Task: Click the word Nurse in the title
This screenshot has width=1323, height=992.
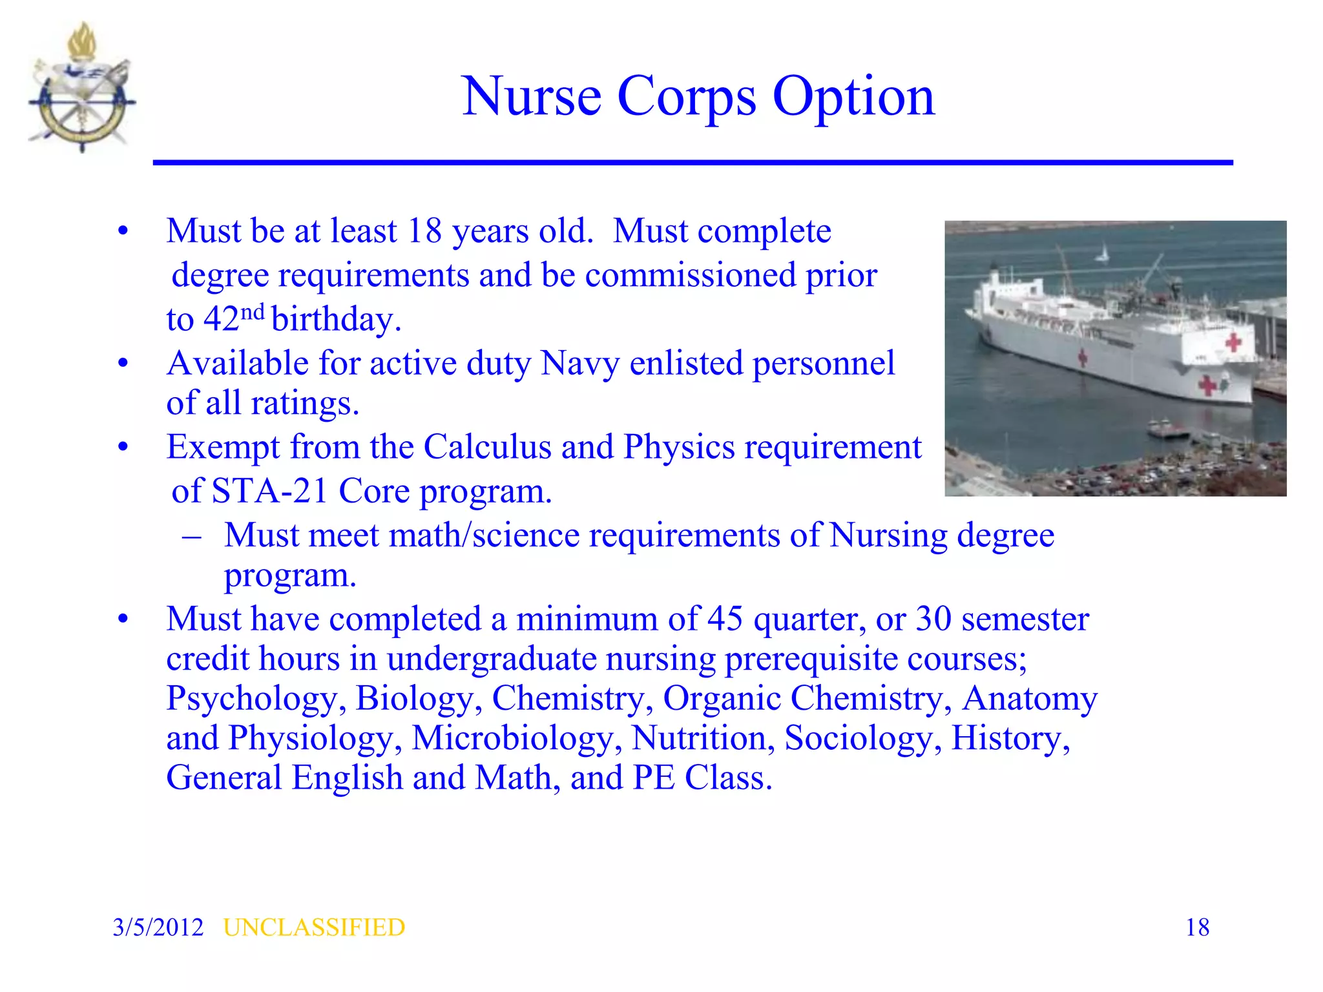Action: pos(532,96)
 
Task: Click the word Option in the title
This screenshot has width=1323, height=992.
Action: pos(853,98)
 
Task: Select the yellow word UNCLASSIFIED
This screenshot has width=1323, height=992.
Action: pos(314,927)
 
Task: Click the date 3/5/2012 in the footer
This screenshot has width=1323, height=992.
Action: pos(158,927)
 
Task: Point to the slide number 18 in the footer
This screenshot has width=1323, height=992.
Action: pos(1197,927)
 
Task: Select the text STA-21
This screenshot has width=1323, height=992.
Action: pos(271,491)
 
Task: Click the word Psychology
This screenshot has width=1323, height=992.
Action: pos(251,699)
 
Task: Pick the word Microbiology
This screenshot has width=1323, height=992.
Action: pos(512,738)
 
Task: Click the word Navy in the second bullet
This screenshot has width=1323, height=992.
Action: pos(579,363)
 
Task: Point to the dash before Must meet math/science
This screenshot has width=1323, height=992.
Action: pos(191,536)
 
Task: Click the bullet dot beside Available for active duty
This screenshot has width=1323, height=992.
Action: pos(123,364)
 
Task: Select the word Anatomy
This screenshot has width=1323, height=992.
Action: pos(1029,699)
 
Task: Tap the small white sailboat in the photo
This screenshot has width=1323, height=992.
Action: pos(1103,254)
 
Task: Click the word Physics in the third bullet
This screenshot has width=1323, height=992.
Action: pos(679,447)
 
